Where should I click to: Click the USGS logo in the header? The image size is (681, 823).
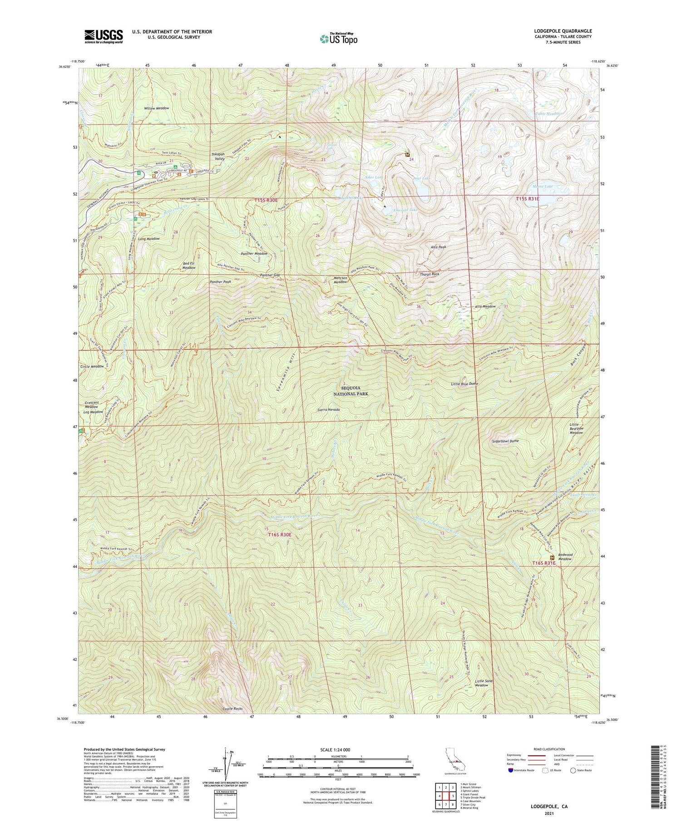(104, 36)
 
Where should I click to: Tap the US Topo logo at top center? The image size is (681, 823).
(338, 39)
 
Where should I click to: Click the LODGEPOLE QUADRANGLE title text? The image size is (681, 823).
(563, 31)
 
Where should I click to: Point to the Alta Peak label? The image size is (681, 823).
(439, 247)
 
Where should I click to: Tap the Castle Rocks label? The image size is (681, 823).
(232, 709)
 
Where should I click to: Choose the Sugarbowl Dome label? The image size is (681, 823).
(505, 441)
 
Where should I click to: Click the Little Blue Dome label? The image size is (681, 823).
(464, 384)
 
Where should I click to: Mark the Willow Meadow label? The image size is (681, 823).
(156, 108)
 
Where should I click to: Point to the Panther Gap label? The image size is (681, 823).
(270, 275)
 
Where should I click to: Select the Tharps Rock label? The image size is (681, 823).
(429, 274)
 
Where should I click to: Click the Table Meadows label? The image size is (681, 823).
(549, 113)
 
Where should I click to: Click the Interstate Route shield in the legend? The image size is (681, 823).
(510, 770)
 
